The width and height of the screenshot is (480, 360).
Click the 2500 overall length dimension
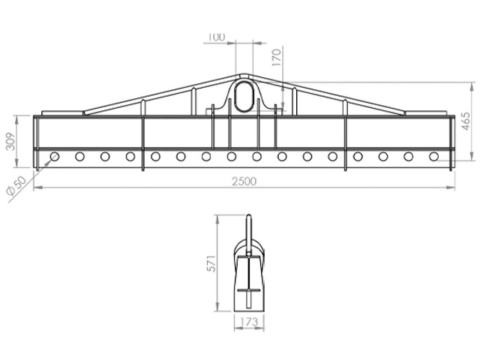(x=244, y=181)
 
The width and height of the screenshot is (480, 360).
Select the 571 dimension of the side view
(x=212, y=262)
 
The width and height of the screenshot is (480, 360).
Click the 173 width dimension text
(x=248, y=322)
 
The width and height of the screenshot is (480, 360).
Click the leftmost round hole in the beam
(x=54, y=157)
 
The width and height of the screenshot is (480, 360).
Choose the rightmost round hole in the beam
(x=433, y=157)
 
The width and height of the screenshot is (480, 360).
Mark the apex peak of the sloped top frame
(x=244, y=74)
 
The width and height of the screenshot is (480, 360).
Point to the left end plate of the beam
(x=35, y=142)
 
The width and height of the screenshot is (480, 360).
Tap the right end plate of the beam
(x=451, y=142)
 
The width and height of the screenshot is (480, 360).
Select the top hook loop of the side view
(x=248, y=225)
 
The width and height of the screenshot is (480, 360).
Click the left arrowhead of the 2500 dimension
(x=37, y=187)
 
